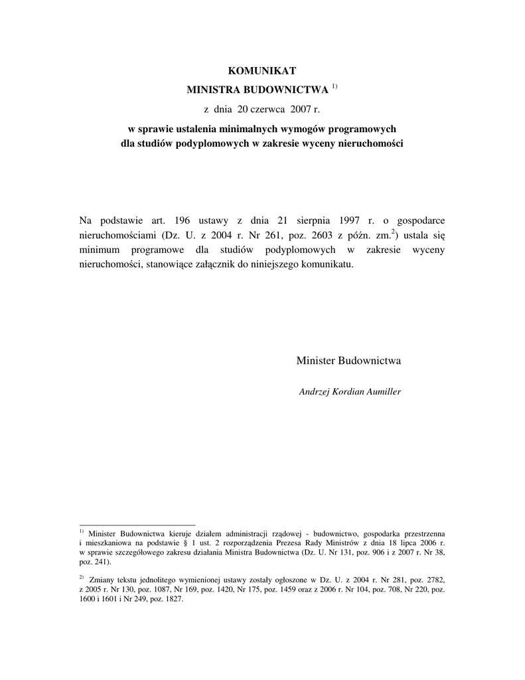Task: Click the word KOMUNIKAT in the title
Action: coord(262,70)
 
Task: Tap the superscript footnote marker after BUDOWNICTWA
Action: coord(335,86)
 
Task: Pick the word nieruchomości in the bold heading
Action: coord(368,143)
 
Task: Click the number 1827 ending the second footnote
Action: coord(171,598)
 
